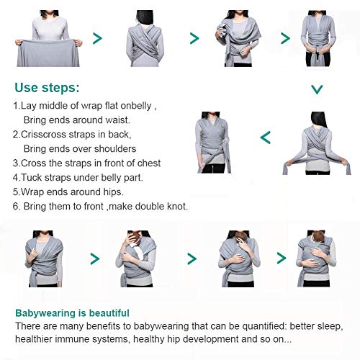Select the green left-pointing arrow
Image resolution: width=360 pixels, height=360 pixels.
click(x=264, y=137)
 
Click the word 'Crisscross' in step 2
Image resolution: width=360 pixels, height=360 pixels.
click(x=50, y=134)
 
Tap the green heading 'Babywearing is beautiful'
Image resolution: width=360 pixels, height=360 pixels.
click(x=72, y=313)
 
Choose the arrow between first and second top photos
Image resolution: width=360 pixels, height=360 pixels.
click(x=97, y=38)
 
